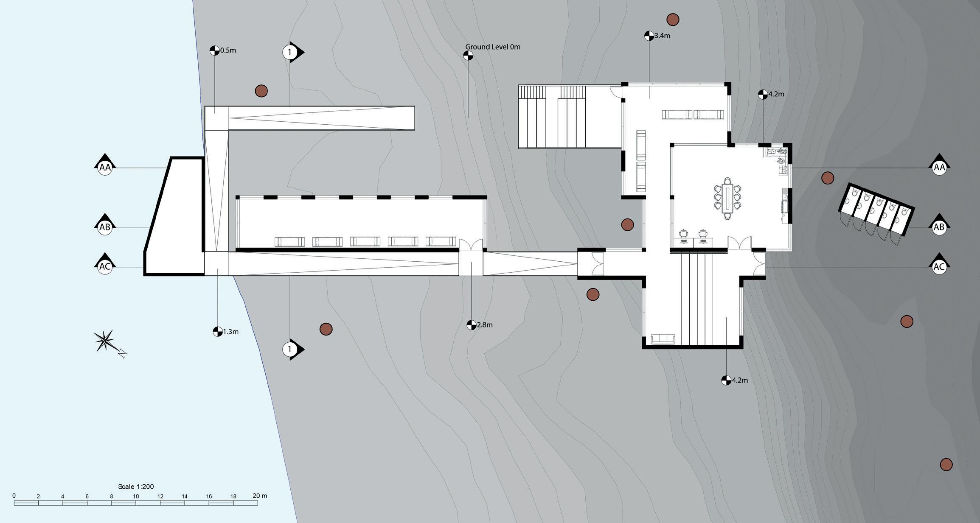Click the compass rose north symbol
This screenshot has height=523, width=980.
[x=104, y=341]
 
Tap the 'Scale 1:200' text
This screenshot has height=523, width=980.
[x=136, y=487]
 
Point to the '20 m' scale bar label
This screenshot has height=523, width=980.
[x=260, y=495]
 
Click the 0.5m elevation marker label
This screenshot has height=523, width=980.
[x=227, y=50]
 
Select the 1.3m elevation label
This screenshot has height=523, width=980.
[x=230, y=332]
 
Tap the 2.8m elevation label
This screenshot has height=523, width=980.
[x=485, y=325]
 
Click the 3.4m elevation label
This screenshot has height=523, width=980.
[x=662, y=36]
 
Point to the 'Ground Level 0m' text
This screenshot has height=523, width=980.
[x=492, y=47]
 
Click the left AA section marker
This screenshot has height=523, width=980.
[x=105, y=167]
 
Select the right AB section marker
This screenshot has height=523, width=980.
[x=939, y=227]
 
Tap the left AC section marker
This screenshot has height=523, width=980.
[x=105, y=266]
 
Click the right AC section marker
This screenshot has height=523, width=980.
[x=939, y=266]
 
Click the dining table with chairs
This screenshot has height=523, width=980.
[x=727, y=199]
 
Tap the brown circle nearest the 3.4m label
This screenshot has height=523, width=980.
[x=673, y=20]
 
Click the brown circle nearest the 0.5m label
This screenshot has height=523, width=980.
[x=261, y=91]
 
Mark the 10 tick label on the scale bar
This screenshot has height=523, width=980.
[x=136, y=496]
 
